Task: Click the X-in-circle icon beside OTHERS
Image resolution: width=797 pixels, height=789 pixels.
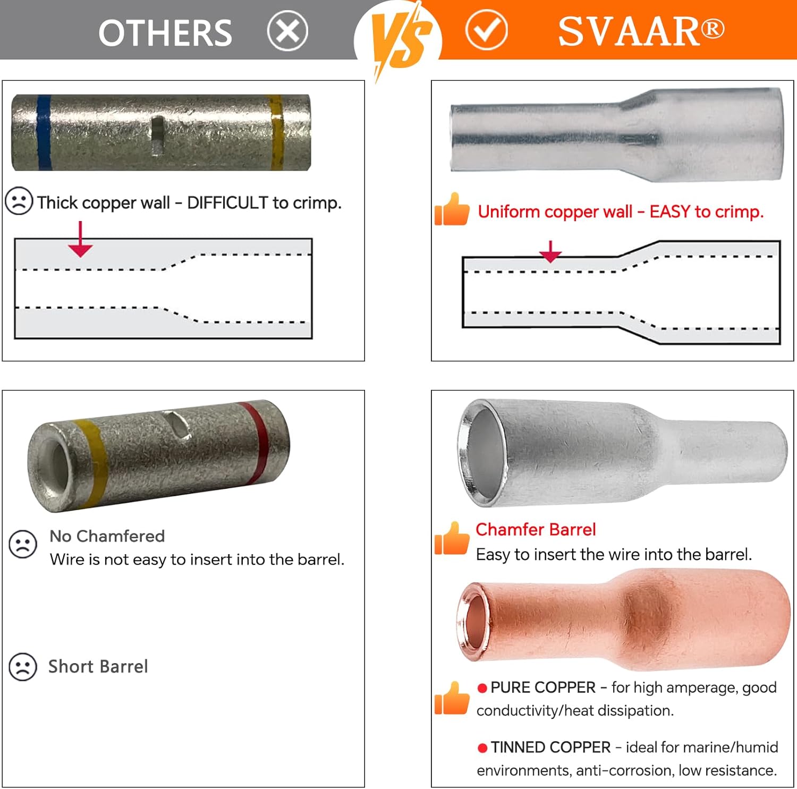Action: click(x=287, y=31)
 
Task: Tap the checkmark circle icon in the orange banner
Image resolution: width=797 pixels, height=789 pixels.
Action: click(x=486, y=30)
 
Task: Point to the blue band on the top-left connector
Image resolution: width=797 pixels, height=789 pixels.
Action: click(x=44, y=132)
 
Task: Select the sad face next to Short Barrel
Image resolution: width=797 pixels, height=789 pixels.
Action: click(x=23, y=667)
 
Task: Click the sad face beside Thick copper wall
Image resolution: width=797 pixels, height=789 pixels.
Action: click(x=19, y=201)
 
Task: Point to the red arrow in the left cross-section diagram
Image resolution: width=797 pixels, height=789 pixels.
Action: click(x=80, y=239)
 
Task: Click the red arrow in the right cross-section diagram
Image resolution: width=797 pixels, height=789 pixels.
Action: click(x=550, y=251)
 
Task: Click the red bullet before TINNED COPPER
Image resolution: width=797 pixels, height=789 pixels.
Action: click(x=482, y=748)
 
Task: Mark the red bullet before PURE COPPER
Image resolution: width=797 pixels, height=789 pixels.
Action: click(x=482, y=688)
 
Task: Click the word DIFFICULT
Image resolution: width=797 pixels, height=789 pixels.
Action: click(x=227, y=202)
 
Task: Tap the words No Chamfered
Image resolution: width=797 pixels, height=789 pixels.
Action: click(x=107, y=536)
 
